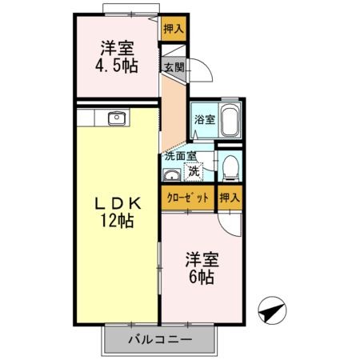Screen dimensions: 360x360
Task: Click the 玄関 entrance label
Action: point(174,67)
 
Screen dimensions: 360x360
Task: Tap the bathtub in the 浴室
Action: point(230,122)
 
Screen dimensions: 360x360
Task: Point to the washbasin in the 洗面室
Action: point(172,174)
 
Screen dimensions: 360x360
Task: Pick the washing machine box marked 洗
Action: point(194,170)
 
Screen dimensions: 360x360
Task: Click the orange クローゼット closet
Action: point(189,197)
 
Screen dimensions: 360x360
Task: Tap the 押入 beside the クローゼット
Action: point(230,197)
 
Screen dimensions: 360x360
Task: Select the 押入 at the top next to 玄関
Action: point(173,30)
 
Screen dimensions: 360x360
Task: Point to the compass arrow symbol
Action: point(272,310)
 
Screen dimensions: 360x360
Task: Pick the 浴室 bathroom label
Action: point(204,120)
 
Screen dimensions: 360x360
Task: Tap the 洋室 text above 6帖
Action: point(202,259)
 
